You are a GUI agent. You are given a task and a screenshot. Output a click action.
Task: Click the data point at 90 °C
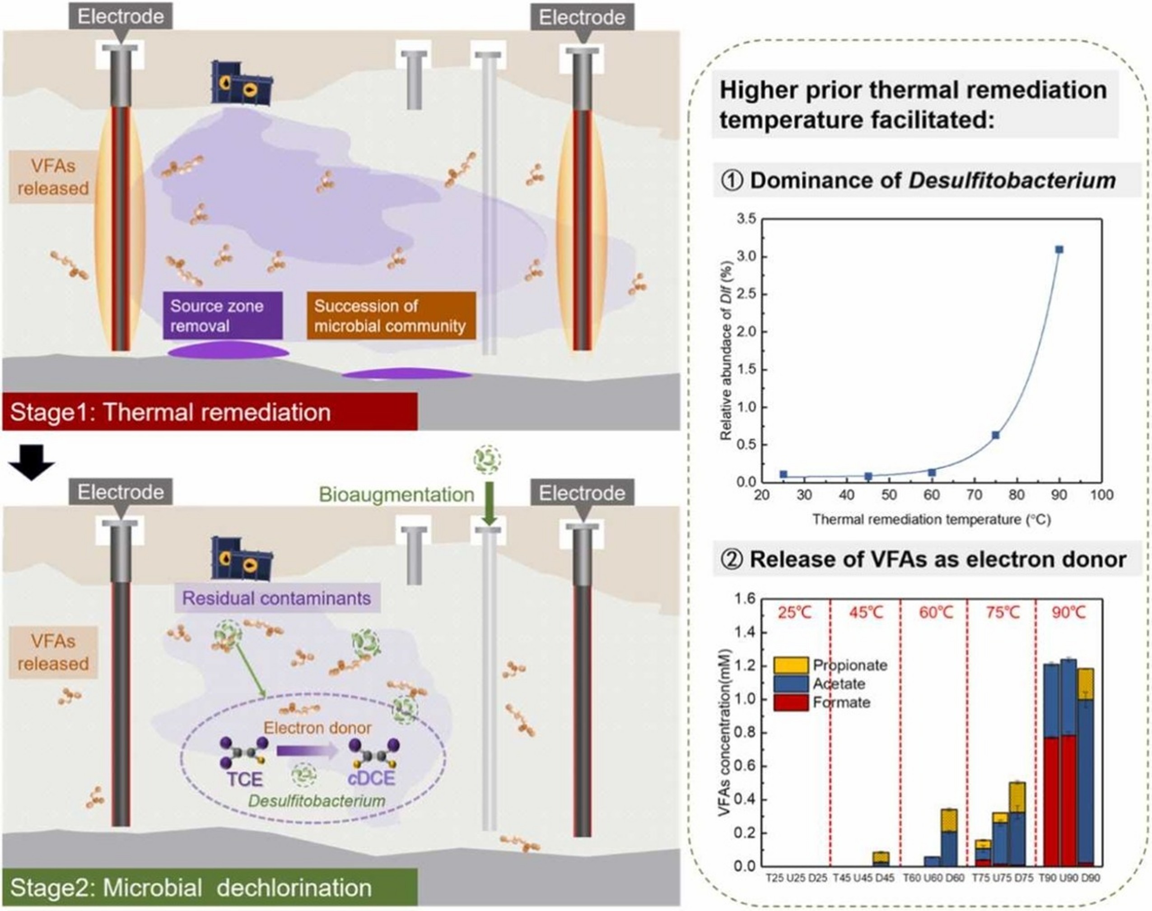1059,250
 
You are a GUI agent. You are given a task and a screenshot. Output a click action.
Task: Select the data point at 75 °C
995,435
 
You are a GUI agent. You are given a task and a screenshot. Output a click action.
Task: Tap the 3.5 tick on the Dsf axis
746,218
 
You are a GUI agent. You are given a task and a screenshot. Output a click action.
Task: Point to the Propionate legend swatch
791,665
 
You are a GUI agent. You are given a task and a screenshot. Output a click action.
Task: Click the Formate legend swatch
791,702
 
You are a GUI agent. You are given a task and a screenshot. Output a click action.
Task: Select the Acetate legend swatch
791,683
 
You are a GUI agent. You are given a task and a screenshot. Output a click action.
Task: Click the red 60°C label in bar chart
935,612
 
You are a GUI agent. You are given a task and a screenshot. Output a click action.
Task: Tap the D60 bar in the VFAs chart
949,837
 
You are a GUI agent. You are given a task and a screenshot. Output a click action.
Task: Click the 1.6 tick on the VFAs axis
746,599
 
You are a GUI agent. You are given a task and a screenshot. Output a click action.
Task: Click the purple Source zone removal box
223,316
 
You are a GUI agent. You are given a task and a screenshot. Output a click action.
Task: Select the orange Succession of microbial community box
391,316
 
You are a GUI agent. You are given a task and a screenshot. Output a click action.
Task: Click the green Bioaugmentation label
396,494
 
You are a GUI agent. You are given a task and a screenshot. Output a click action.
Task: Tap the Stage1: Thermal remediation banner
210,412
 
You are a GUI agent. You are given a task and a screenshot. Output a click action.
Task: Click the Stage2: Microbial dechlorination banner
210,888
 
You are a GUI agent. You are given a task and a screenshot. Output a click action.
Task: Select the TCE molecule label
245,779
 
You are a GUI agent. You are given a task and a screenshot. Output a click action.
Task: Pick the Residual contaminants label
277,598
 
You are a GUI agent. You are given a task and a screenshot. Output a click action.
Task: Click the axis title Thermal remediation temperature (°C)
931,520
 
